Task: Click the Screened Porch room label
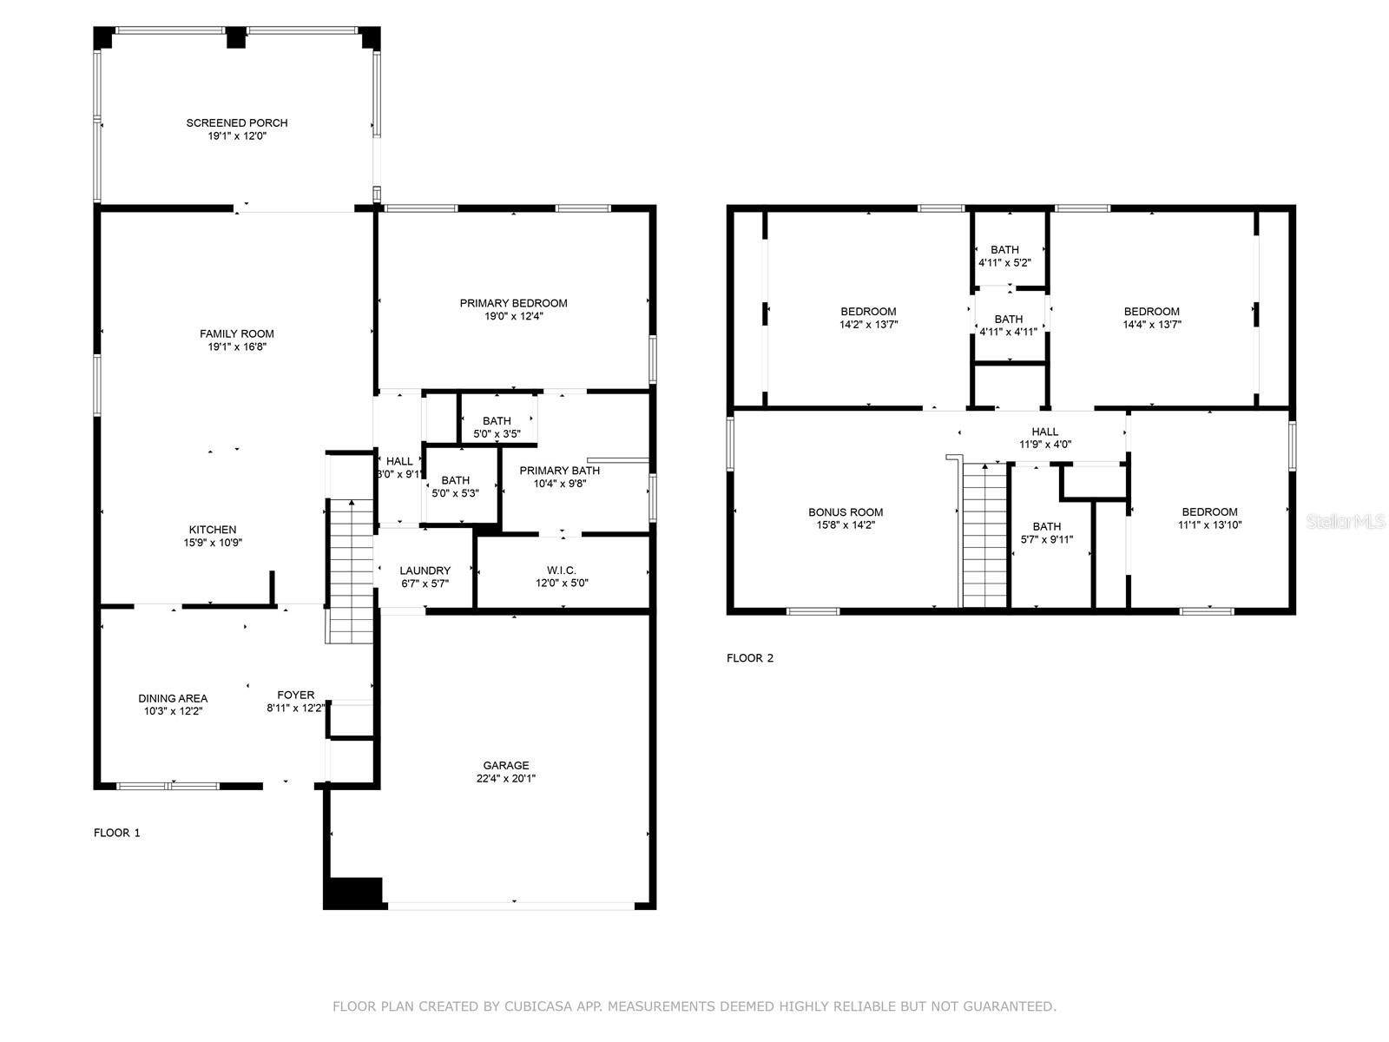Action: tap(237, 122)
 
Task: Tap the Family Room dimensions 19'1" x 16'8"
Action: tap(237, 346)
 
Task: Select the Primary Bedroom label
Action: tap(513, 303)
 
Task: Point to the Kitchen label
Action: tap(213, 530)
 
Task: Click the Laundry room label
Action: tap(425, 570)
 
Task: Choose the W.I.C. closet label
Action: tap(562, 570)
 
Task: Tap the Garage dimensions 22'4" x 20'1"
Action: tap(505, 779)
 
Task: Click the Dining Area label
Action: tap(173, 698)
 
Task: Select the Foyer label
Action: tap(295, 696)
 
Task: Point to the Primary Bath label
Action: tap(559, 471)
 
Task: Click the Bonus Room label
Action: tap(846, 512)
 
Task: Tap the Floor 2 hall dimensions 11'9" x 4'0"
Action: tap(1044, 445)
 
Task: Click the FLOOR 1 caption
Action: tap(117, 833)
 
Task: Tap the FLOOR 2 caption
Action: tap(750, 658)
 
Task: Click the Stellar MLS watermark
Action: tap(1346, 522)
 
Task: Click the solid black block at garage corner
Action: tap(353, 894)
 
